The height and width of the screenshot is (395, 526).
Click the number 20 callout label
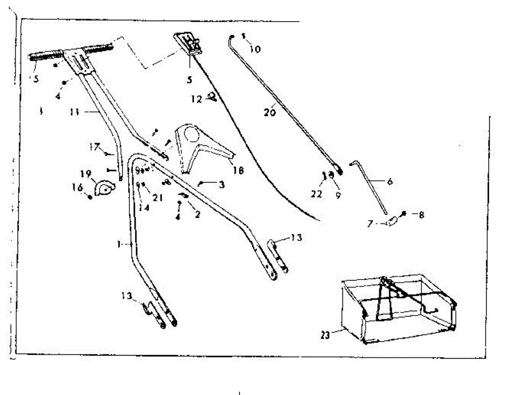click(270, 112)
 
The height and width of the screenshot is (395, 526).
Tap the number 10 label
click(255, 49)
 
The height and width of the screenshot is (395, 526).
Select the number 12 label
click(196, 100)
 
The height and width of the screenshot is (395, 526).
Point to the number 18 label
click(238, 170)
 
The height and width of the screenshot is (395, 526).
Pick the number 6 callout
click(389, 181)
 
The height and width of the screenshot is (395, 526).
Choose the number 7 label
click(371, 224)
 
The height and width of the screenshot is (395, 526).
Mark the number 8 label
click(421, 215)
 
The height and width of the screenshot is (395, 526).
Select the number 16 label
click(77, 187)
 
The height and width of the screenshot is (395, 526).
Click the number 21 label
click(158, 198)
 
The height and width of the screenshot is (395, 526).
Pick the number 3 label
click(221, 185)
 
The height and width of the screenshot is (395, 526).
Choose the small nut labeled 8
click(404, 214)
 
